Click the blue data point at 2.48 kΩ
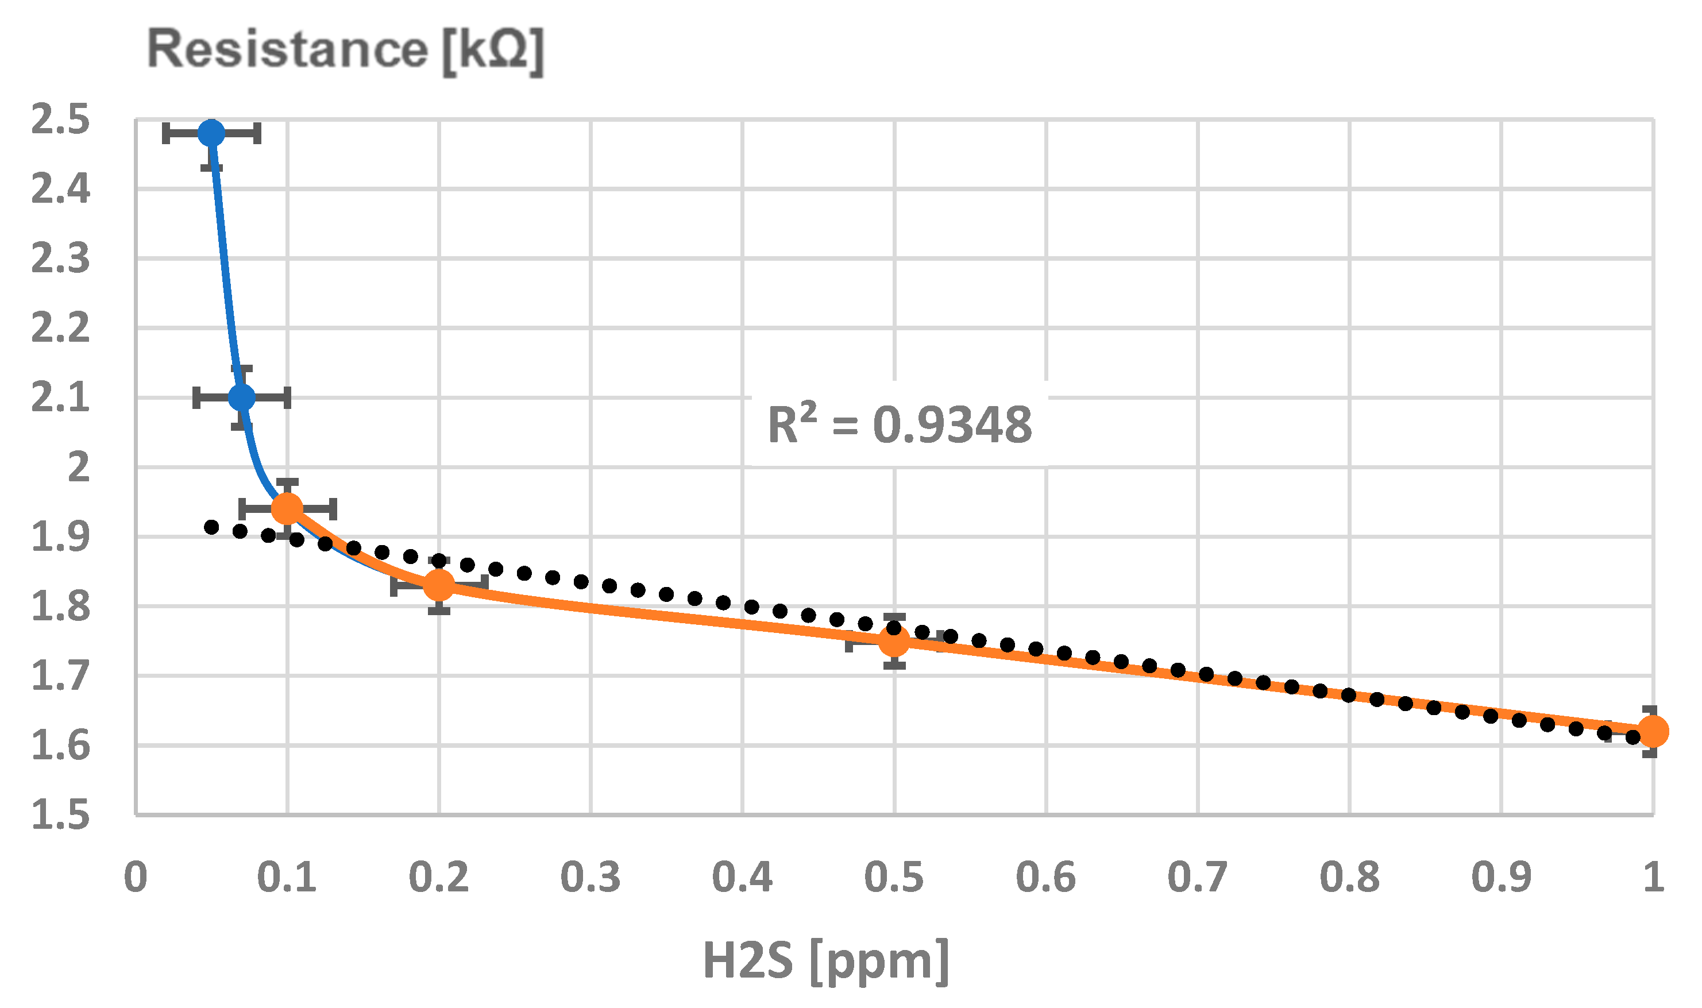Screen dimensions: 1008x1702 [x=211, y=133]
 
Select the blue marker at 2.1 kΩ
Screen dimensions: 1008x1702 [x=242, y=397]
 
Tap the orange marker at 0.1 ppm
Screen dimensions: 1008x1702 [x=287, y=508]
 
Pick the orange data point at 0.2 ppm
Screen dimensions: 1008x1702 [x=439, y=584]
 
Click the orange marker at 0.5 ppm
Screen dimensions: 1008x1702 [x=894, y=640]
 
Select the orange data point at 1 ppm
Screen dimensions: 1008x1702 [x=1653, y=732]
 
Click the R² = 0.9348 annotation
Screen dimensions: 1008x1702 [x=899, y=425]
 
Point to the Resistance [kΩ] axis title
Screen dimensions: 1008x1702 [x=346, y=49]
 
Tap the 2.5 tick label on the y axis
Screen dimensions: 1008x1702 [x=60, y=119]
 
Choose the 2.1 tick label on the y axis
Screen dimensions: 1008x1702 [x=60, y=398]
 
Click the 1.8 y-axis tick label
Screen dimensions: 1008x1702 [x=60, y=607]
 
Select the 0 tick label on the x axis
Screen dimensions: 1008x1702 [x=136, y=877]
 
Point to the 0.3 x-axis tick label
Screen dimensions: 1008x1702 [x=590, y=877]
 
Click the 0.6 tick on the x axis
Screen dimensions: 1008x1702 [x=1046, y=877]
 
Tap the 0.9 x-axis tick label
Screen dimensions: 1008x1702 [x=1501, y=877]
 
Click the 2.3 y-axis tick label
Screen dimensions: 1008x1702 [x=60, y=259]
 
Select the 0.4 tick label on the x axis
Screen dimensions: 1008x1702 [x=742, y=877]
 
